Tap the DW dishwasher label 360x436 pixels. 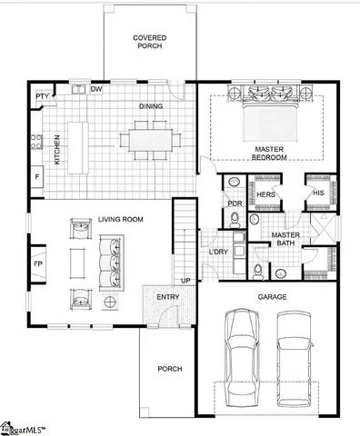(96, 89)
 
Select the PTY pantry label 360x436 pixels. (42, 95)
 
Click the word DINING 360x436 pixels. (151, 106)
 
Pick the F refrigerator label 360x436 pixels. (37, 174)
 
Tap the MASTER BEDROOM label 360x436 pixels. (271, 153)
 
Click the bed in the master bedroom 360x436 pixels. (269, 109)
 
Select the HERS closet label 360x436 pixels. (265, 194)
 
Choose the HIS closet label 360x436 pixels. (318, 193)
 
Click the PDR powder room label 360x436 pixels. (234, 203)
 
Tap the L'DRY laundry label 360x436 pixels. (218, 251)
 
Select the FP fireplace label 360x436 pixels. (38, 264)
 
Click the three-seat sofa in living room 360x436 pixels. (113, 262)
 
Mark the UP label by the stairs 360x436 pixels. (186, 281)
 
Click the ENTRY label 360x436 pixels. (168, 298)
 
